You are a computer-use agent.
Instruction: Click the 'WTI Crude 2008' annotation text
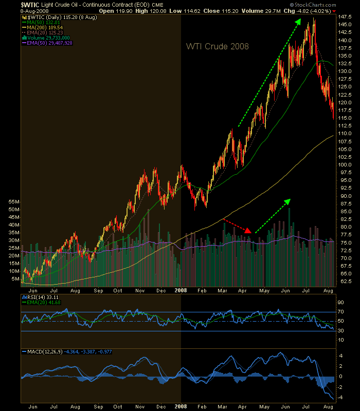217,47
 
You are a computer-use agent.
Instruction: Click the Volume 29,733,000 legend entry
48,38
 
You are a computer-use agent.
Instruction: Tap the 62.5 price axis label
345,282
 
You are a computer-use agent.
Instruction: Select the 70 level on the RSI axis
340,312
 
